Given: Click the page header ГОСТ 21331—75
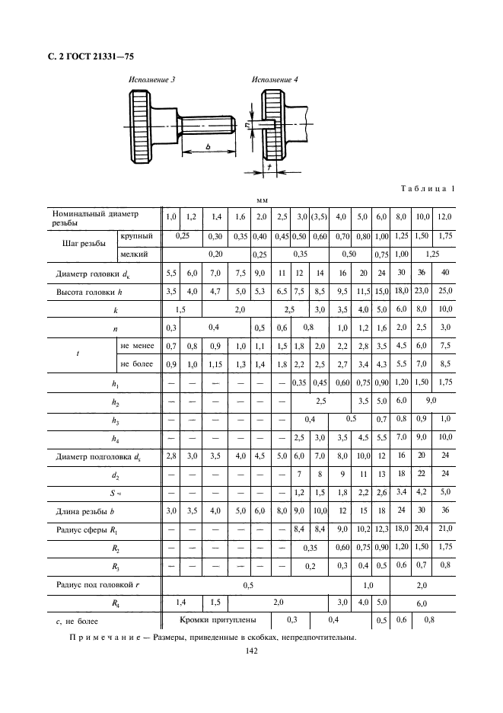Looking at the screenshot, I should tap(91, 54).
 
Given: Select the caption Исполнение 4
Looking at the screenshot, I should tap(275, 79).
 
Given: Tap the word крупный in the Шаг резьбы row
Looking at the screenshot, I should tap(137, 237).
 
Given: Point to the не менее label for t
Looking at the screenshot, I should tap(137, 346).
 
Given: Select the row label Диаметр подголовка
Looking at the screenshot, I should tap(99, 456).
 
